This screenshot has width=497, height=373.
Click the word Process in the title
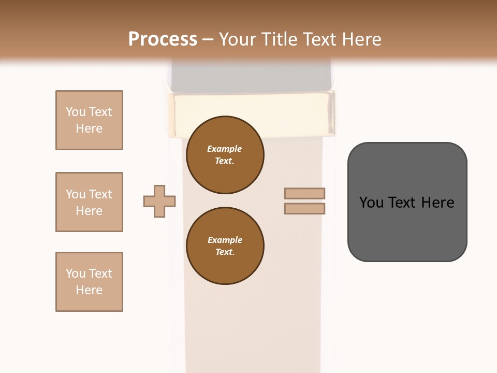click(x=163, y=39)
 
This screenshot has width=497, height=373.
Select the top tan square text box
click(x=89, y=120)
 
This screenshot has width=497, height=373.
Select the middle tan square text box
click(x=89, y=202)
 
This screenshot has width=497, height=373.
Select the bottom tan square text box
click(x=89, y=282)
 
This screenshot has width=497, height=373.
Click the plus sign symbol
click(x=159, y=201)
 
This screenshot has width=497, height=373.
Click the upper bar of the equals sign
click(x=304, y=194)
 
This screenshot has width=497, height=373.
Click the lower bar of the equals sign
click(x=304, y=208)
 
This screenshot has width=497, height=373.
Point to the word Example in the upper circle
click(x=225, y=149)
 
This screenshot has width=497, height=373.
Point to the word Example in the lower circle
click(x=225, y=240)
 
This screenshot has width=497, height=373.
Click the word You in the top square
click(x=76, y=112)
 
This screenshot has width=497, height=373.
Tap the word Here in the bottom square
click(x=89, y=290)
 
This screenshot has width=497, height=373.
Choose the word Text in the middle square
click(x=100, y=194)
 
